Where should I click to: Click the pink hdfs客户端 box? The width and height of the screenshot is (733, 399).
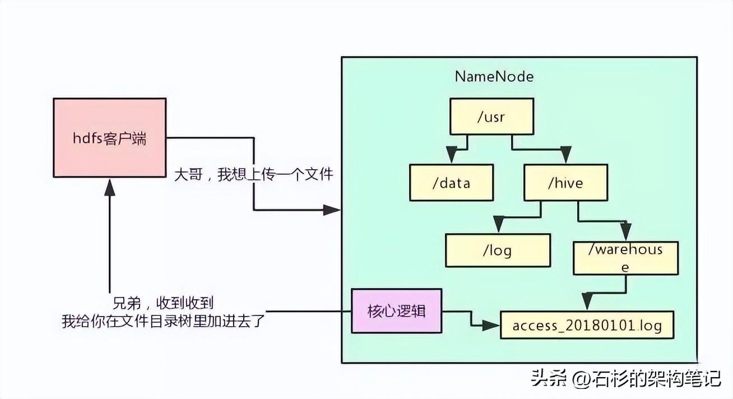click(109, 137)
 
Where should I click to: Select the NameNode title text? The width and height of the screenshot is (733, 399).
click(494, 77)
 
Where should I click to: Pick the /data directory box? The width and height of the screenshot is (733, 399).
click(451, 182)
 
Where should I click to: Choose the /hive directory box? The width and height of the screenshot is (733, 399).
click(565, 182)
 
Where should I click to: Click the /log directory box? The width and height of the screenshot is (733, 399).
click(498, 250)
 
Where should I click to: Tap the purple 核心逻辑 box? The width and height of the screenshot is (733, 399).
click(396, 310)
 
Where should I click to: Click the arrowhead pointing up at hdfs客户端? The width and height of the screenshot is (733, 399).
click(110, 188)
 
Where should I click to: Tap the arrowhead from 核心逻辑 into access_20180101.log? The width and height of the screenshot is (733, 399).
click(491, 325)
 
